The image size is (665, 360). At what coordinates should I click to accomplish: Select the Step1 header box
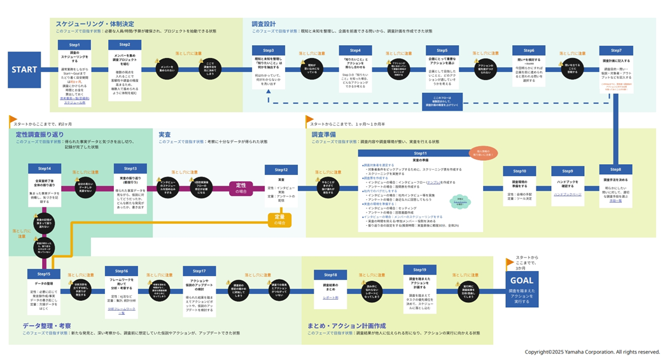point(74,45)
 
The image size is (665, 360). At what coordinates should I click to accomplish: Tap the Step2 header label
point(125,45)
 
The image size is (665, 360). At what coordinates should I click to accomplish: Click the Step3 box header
point(269,50)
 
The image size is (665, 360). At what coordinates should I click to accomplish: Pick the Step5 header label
point(442,50)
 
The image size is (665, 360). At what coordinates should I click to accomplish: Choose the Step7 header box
point(615,50)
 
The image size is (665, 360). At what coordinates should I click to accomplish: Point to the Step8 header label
point(615,169)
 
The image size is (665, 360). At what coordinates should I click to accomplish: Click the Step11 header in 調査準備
point(420,153)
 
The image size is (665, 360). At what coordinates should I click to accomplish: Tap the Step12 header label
point(281,170)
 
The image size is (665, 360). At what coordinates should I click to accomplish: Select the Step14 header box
point(44,169)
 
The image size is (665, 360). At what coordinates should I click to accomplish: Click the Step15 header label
point(44,273)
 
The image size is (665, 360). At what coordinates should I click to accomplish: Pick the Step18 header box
point(330,275)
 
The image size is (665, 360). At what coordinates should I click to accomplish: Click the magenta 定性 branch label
point(243,188)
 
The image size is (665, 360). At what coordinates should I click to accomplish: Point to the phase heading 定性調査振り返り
point(39,135)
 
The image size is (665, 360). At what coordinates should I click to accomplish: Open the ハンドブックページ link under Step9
point(568,194)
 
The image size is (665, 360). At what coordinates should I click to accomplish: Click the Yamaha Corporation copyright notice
point(592,352)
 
